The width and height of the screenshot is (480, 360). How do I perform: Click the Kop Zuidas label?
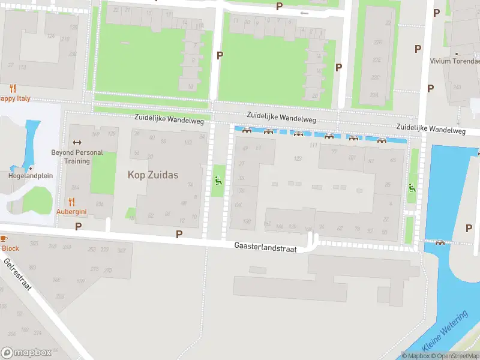coord(153,175)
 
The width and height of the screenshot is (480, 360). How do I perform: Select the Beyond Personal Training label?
coord(76,157)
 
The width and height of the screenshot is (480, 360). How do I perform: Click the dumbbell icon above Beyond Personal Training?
coord(76,142)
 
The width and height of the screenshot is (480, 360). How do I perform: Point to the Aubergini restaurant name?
coord(72,211)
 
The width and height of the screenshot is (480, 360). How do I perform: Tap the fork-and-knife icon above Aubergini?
coord(72,202)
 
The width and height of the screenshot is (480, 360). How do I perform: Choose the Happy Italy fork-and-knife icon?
coord(13,89)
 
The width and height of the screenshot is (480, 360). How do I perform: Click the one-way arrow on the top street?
coord(304,13)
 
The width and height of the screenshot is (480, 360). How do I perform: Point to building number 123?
coord(297,158)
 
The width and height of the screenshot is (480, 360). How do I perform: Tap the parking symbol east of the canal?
coord(469,228)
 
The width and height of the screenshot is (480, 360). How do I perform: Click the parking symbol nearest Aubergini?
coord(78,226)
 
